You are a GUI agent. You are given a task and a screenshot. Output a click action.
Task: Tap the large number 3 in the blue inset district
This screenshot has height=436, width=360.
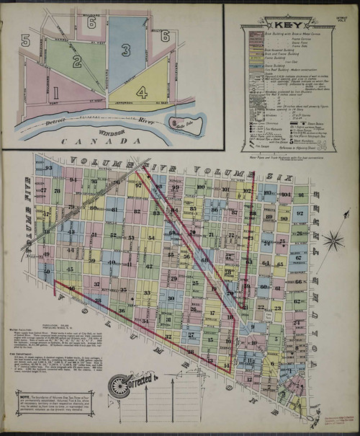(126, 50)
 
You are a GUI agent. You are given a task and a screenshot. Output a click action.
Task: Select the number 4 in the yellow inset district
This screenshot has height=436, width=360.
(142, 92)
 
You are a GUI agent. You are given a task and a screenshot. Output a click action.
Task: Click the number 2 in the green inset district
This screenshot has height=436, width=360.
(76, 61)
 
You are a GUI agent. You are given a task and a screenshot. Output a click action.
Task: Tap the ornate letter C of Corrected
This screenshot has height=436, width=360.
(116, 386)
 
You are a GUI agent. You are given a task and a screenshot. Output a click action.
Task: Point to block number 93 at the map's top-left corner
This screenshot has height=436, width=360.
(49, 168)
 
